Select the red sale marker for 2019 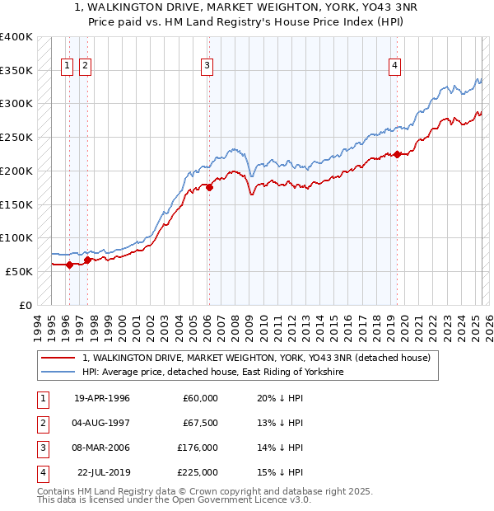[397, 154]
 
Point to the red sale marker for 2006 [209, 187]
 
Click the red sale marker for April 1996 [69, 265]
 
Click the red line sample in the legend [58, 358]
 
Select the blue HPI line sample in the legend [58, 373]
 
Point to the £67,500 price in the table [200, 423]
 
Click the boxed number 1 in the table [40, 398]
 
